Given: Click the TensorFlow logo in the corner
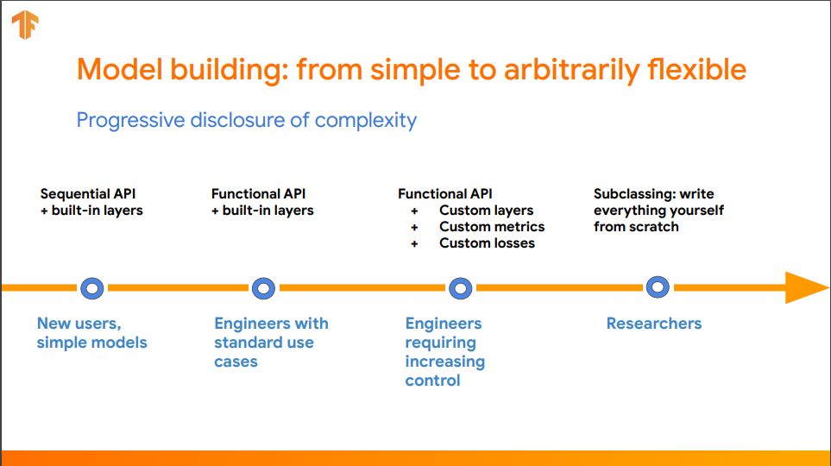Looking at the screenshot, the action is coord(25,24).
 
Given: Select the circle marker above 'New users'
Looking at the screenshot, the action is coord(92,288).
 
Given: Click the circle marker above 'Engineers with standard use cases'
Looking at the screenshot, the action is coord(263,288).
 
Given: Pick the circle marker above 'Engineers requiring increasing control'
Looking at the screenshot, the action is coord(461,288).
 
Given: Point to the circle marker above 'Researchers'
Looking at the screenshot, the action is coord(658,287).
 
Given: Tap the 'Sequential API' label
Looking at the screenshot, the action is coord(88,194).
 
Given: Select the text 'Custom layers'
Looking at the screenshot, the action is coord(487,211).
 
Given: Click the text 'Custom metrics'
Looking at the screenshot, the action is coord(492,227).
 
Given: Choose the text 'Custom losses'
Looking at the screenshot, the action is coord(487,243).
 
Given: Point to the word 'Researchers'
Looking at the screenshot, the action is coord(654,324).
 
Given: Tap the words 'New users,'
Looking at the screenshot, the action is coord(79,324).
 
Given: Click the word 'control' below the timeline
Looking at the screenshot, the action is coord(432,381).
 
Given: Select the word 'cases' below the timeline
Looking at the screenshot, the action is coord(236,362).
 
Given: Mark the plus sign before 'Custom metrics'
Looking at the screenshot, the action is coord(414,228).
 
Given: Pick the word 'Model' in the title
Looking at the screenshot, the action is coord(120,69).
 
